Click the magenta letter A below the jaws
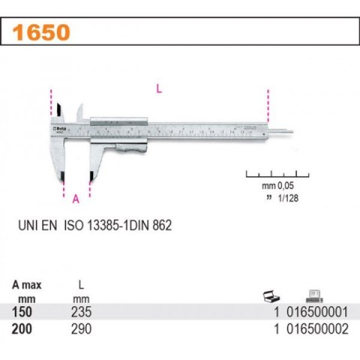click(x=75, y=199)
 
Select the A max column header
click(x=28, y=285)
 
